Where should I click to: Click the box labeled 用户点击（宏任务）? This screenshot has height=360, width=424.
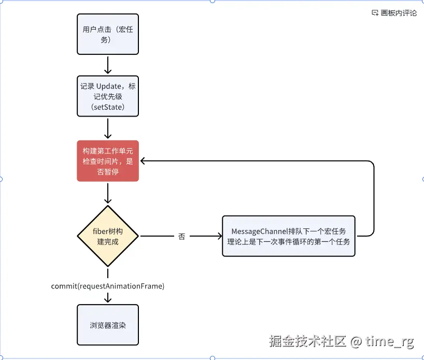[x=108, y=34]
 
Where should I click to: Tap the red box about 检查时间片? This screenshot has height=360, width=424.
[x=108, y=161]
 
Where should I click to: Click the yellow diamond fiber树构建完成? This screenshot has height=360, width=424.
[x=108, y=236]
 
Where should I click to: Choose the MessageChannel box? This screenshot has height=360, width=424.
[x=289, y=236]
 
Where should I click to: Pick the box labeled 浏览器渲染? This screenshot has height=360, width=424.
[x=108, y=325]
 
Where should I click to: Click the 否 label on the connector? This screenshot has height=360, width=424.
[x=181, y=237]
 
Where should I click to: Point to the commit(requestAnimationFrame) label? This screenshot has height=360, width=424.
[x=108, y=286]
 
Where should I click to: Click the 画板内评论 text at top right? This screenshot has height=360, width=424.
[x=399, y=13]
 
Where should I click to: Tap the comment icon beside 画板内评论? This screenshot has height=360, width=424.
[x=375, y=13]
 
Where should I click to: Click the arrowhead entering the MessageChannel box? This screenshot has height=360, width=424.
[x=219, y=237]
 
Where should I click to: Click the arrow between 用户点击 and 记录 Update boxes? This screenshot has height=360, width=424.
[x=108, y=65]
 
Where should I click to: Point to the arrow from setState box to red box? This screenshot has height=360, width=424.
[x=108, y=128]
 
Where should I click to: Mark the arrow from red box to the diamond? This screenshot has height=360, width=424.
[x=108, y=193]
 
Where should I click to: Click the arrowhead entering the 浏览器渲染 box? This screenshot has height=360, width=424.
[x=108, y=300]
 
